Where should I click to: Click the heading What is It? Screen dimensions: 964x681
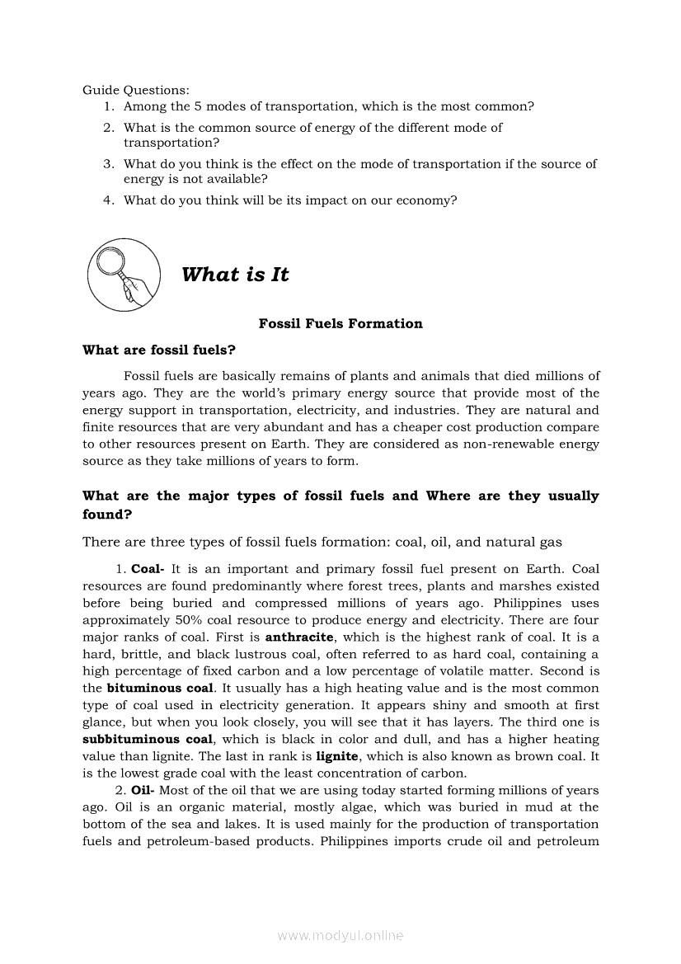point(235,275)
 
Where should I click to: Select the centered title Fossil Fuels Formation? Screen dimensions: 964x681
point(340,324)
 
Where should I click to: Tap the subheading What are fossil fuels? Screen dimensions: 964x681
point(159,350)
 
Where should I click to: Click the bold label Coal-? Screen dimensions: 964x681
point(148,569)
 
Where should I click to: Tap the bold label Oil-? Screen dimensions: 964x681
point(144,791)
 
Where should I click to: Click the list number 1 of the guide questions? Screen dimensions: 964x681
point(109,106)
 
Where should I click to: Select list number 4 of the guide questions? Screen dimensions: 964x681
point(108,200)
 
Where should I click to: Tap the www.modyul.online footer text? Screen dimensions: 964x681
point(340,936)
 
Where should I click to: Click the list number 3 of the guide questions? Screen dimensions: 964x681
point(108,164)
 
